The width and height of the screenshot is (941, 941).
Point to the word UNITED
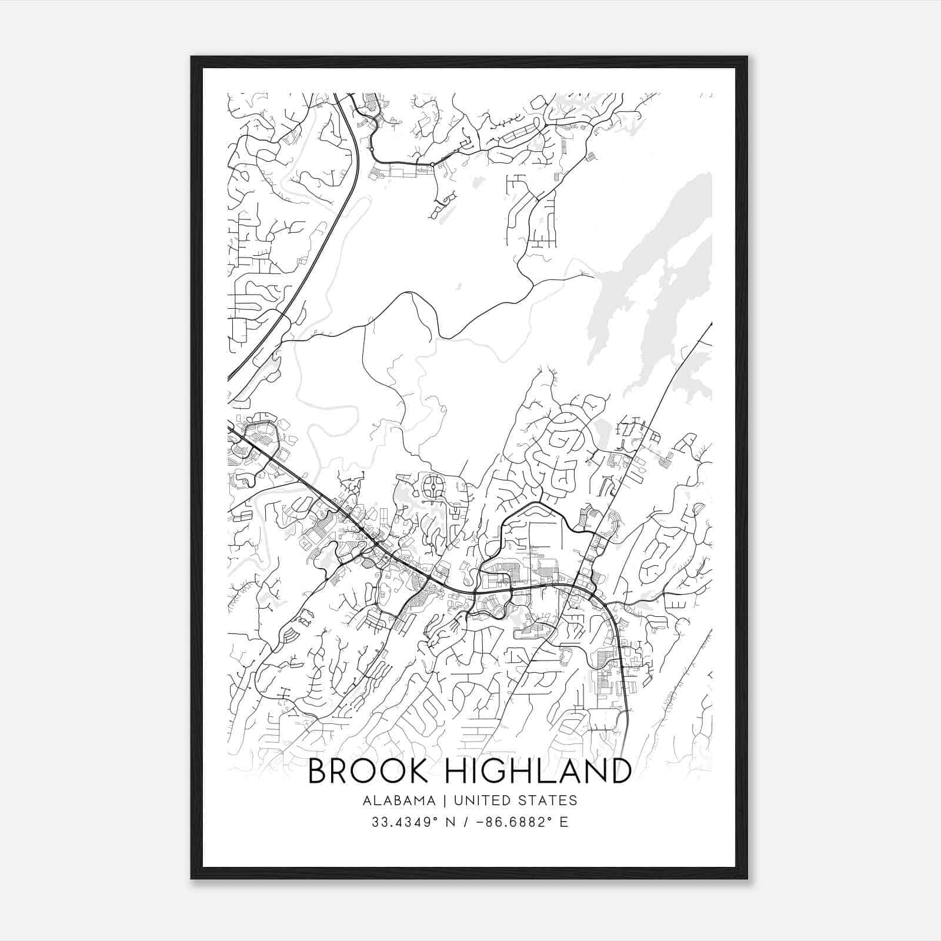click(480, 800)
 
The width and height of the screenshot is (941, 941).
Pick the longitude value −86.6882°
click(510, 822)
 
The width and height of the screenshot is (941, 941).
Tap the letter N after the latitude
click(453, 822)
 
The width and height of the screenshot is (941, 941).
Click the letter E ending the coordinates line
click(564, 822)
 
